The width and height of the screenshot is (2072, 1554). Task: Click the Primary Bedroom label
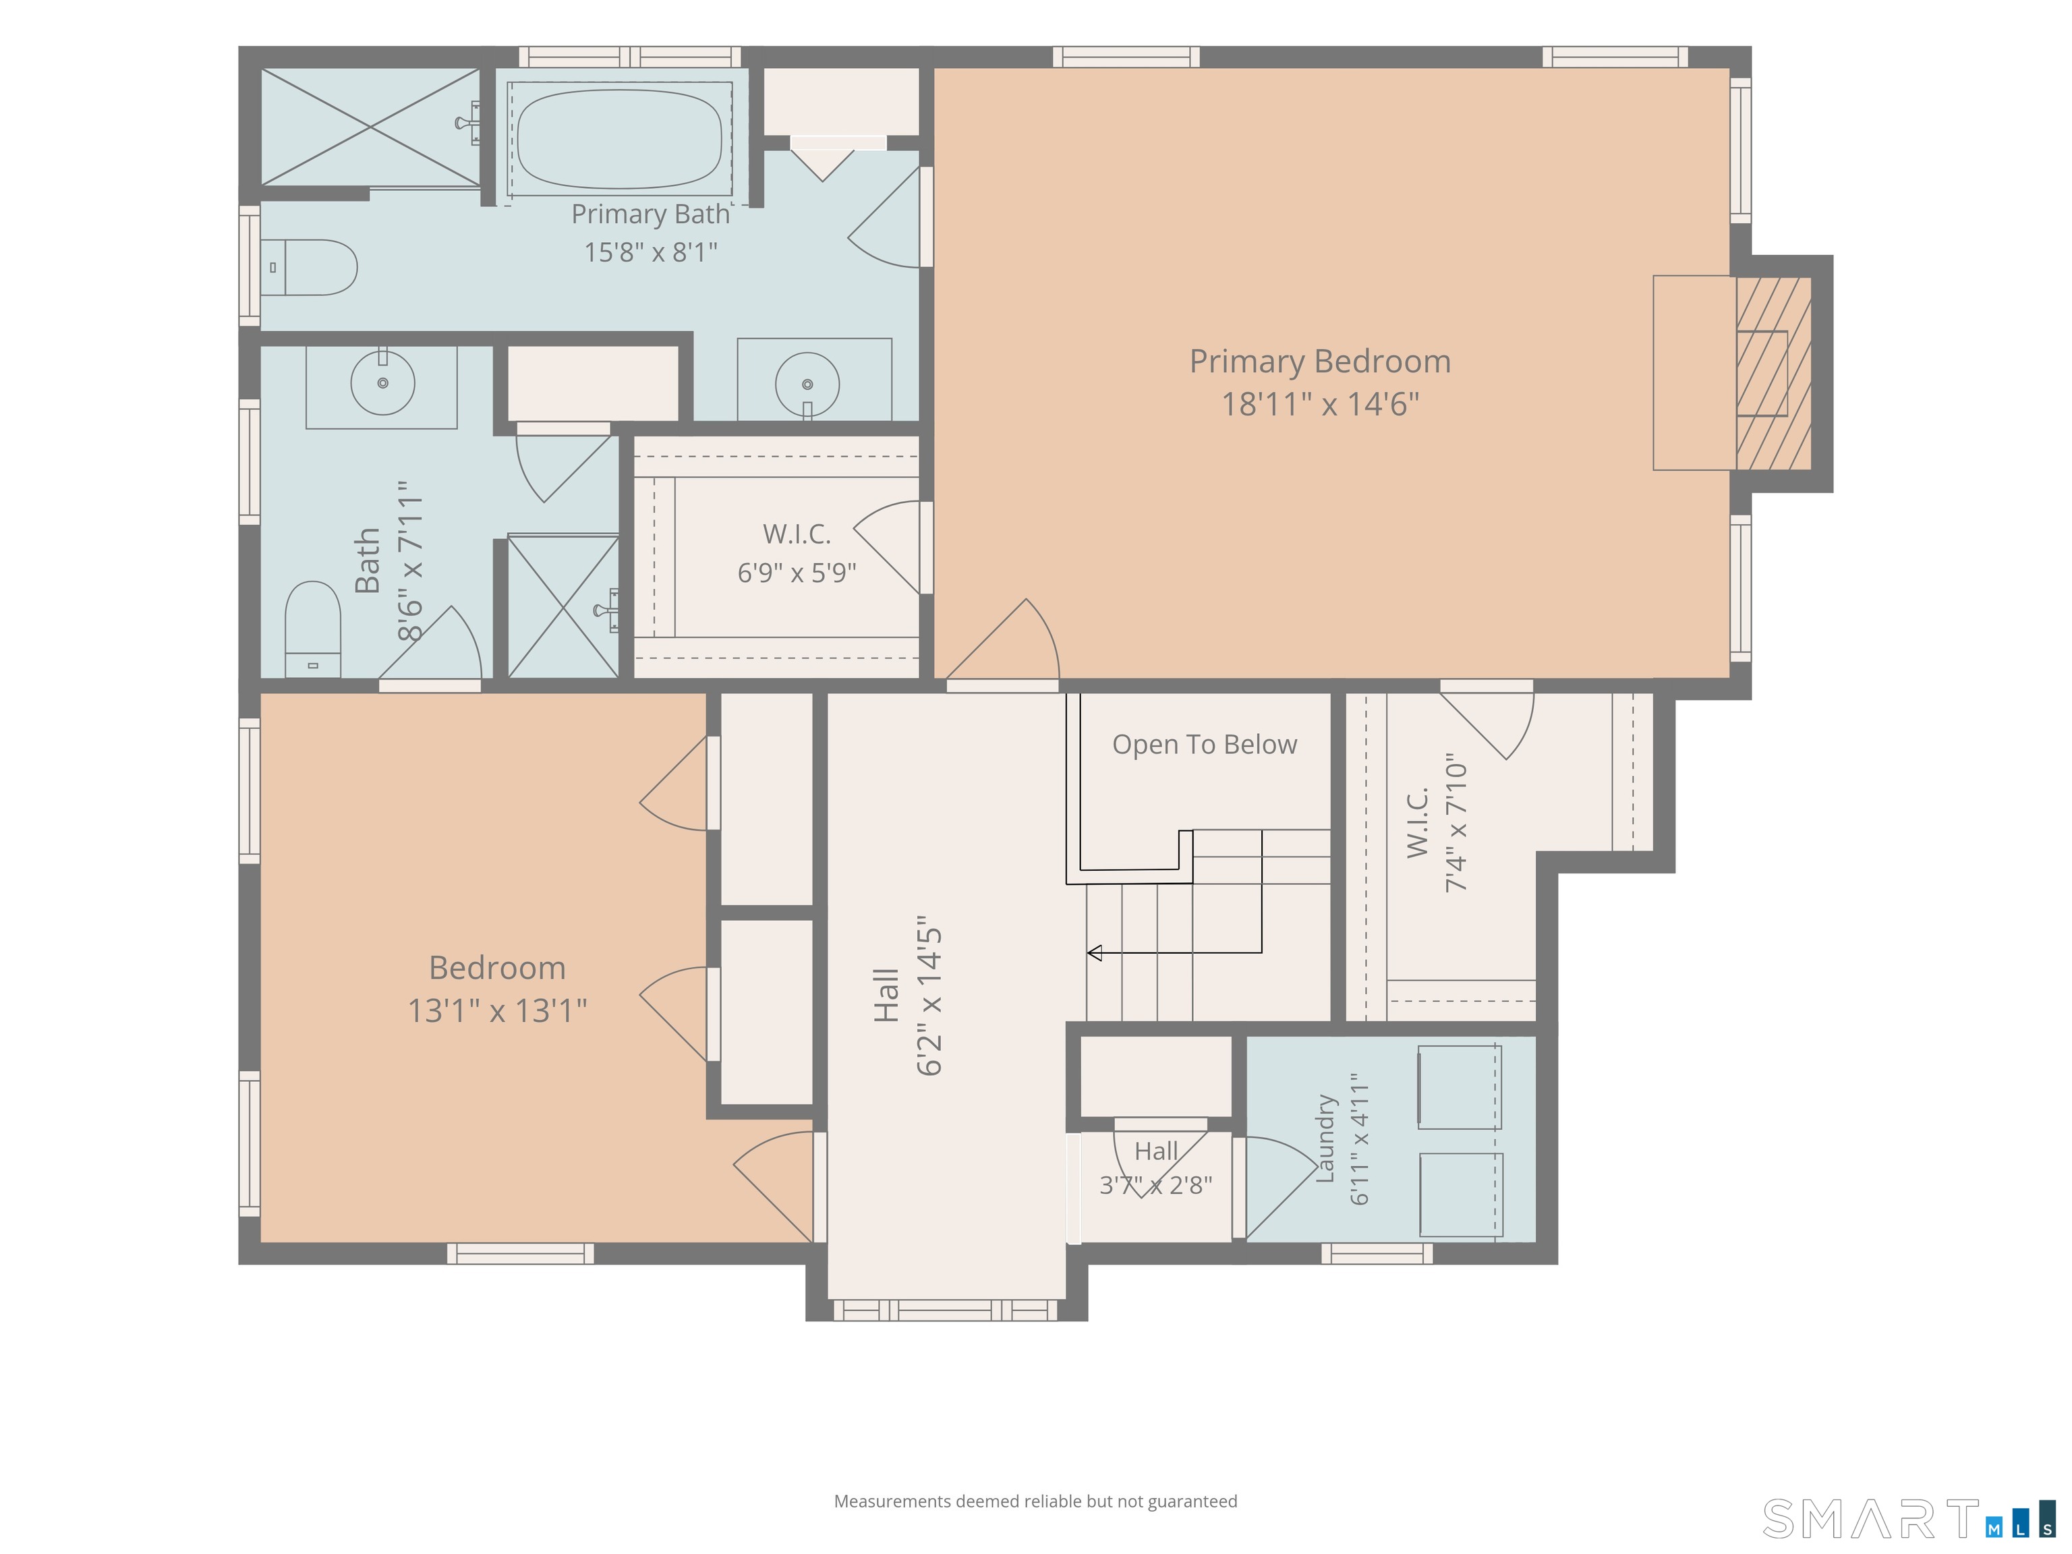coord(1320,362)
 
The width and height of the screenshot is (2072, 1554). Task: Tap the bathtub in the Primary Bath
coord(619,140)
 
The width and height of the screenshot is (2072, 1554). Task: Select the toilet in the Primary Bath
coord(308,267)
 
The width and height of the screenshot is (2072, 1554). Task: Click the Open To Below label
coord(1205,745)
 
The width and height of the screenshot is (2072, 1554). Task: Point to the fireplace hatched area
coord(1773,373)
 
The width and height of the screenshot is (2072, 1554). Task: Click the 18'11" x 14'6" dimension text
coord(1320,404)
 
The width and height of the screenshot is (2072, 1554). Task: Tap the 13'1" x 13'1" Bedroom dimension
coord(497,1011)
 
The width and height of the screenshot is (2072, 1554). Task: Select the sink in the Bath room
coord(382,382)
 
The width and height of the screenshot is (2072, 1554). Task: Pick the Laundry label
coord(1325,1138)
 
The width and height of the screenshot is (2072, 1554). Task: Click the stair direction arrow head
coord(1094,952)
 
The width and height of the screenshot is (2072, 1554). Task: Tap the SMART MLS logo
coord(1908,1518)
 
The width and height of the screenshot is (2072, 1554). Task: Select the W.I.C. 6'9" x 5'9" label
coord(797,552)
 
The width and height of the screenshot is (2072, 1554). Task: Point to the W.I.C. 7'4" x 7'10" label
coord(1436,822)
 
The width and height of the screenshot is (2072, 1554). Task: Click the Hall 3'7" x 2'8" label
coord(1156,1168)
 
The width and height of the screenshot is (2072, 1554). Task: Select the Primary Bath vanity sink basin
coord(807,384)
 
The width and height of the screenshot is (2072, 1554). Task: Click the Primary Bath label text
coord(650,214)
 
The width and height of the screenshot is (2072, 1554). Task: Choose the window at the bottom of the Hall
coord(945,1310)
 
